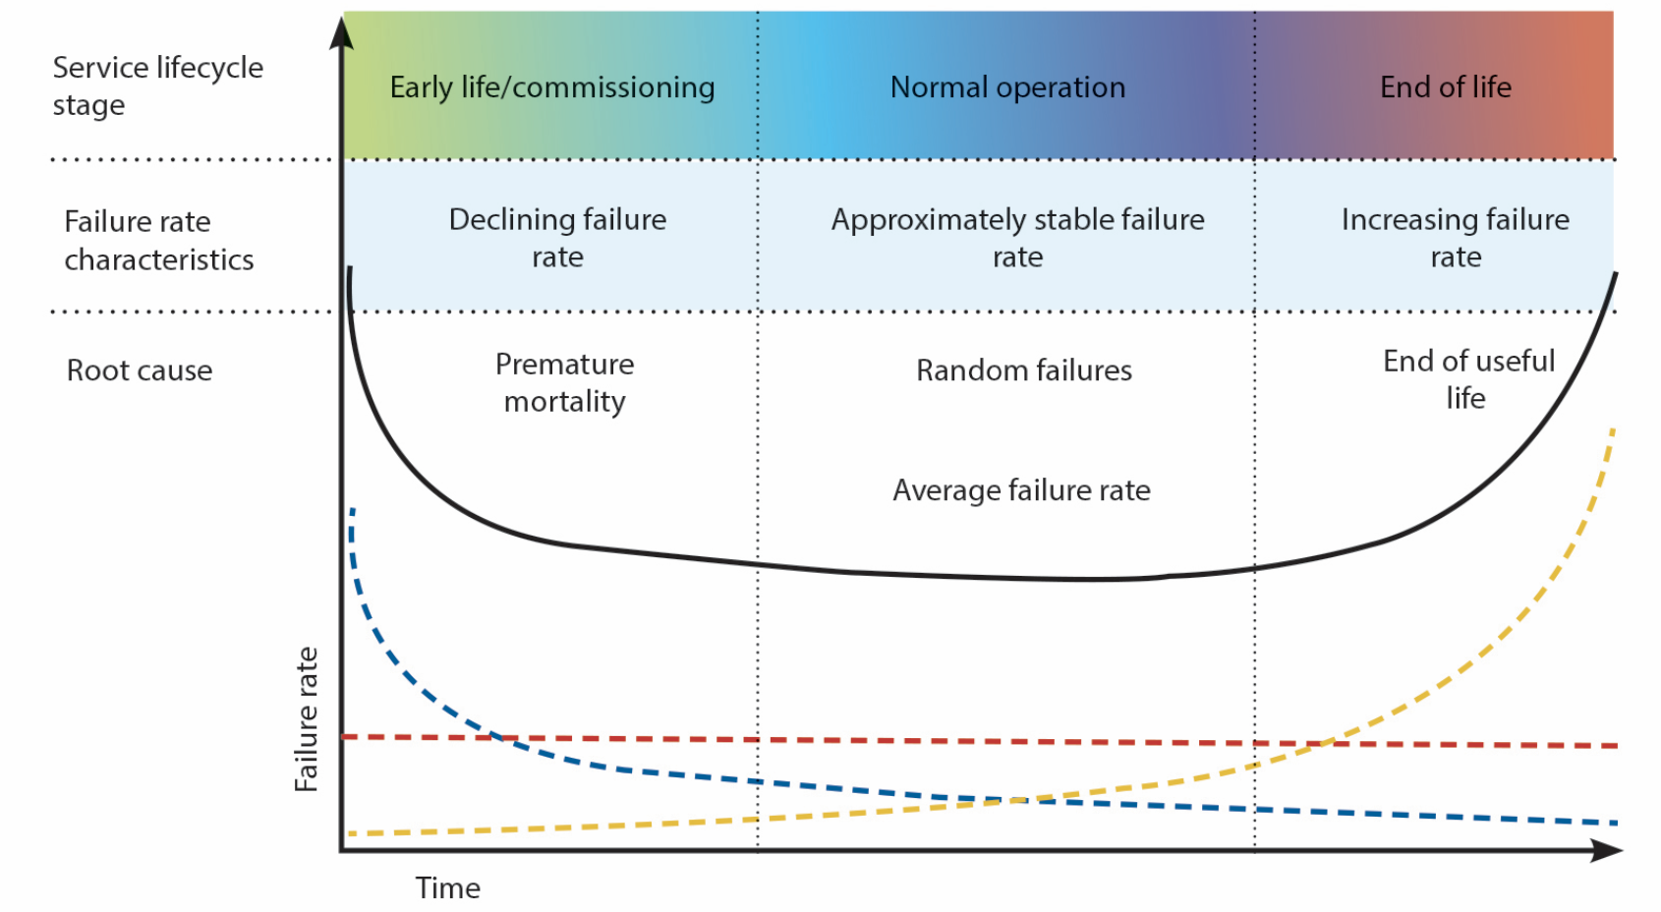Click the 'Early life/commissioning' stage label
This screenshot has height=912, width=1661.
point(552,87)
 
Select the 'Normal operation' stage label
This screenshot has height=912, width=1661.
point(1007,87)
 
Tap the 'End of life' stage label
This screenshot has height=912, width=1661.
point(1445,87)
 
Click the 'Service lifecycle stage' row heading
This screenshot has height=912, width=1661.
point(158,86)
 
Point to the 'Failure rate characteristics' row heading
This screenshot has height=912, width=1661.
point(158,240)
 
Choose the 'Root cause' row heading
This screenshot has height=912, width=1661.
point(140,370)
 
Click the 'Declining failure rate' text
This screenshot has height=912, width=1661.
point(557,238)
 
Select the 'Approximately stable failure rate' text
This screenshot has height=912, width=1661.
point(1017,238)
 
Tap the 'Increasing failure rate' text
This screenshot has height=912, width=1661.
point(1456,238)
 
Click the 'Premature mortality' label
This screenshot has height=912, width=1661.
point(564,382)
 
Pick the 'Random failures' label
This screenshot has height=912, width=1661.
point(1024,370)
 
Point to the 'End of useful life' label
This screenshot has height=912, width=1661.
point(1468,379)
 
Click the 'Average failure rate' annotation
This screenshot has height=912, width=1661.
point(1021,490)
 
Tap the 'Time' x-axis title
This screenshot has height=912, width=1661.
point(447,887)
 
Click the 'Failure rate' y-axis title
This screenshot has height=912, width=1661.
point(307,719)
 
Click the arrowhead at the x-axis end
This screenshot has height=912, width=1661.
point(1608,850)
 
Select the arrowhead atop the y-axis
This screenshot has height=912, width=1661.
point(341,32)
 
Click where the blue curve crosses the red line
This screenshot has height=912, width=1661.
point(500,738)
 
